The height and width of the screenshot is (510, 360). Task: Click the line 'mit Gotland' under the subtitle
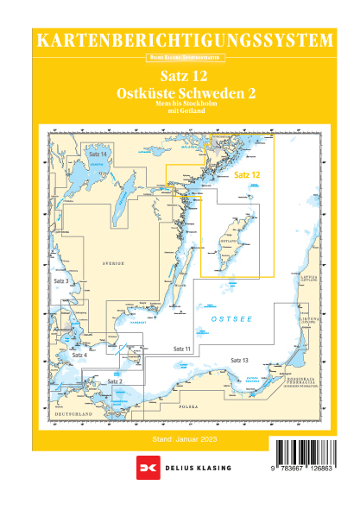click(180, 110)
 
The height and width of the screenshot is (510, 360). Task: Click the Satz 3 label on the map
click(61, 281)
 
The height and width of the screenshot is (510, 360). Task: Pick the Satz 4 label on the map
click(79, 355)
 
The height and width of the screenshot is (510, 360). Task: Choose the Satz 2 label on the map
click(115, 381)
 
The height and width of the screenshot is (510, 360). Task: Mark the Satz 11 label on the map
click(181, 347)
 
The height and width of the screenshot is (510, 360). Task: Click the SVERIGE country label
click(113, 262)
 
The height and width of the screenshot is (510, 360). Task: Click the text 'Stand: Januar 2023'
click(180, 439)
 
